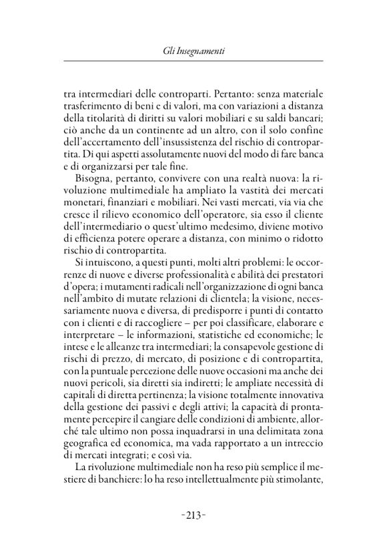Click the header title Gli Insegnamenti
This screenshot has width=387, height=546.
[x=193, y=49]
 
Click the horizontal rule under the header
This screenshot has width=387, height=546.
[x=193, y=62]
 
